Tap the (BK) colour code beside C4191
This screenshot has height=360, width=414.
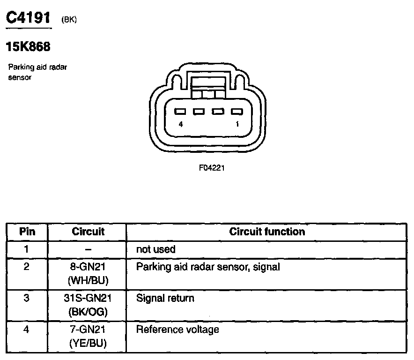(69, 19)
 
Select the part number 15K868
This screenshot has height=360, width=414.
(28, 47)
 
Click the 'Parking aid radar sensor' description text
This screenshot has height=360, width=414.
(37, 72)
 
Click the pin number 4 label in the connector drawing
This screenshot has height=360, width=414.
(181, 124)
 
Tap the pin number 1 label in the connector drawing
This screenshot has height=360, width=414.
(237, 124)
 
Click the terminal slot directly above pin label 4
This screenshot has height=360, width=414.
(180, 112)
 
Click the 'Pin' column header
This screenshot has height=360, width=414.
(27, 232)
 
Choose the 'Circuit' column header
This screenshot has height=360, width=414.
(88, 232)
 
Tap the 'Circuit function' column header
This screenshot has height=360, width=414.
(267, 232)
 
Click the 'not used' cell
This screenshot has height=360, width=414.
(155, 249)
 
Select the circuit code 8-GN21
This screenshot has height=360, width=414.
(88, 267)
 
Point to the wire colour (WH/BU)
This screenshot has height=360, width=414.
(88, 280)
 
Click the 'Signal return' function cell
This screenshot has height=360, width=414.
(165, 298)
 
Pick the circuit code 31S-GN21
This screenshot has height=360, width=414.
(88, 298)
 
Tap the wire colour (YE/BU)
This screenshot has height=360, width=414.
(88, 343)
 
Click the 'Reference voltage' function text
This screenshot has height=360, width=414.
(177, 330)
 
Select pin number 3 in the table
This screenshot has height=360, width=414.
(27, 298)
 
